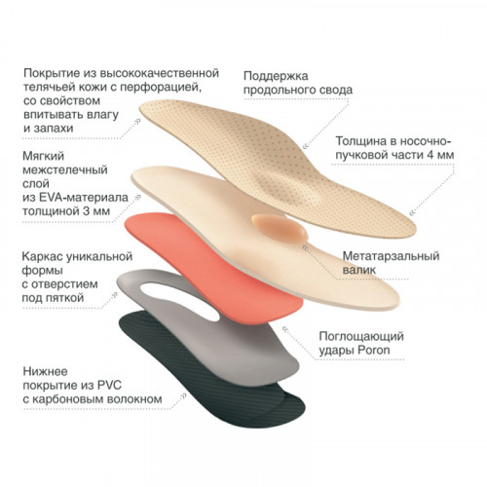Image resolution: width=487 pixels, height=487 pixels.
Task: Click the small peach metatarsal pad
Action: (280, 228)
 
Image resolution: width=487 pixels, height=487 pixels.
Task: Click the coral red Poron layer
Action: (211, 266)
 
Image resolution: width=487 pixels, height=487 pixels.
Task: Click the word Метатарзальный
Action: (391, 256)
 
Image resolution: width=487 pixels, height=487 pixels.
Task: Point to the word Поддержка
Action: (276, 76)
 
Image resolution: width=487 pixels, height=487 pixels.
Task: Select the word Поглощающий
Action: (361, 337)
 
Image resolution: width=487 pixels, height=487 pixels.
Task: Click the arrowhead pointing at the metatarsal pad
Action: (306, 248)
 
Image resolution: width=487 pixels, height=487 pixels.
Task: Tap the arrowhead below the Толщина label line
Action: (413, 212)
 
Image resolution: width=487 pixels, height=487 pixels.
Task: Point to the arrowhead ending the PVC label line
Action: (183, 396)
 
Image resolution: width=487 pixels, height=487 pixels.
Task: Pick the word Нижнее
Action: (45, 372)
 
